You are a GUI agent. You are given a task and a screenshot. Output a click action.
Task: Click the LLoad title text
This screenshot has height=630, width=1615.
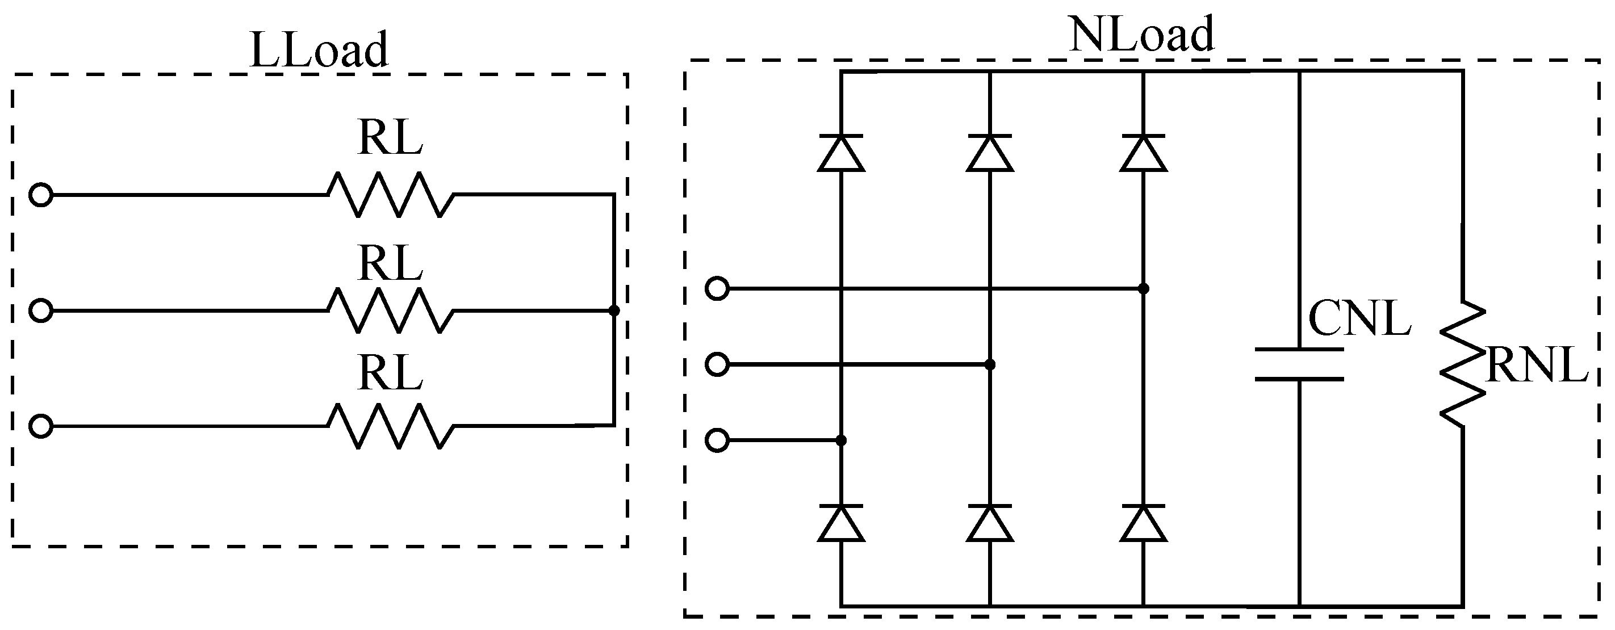[319, 50]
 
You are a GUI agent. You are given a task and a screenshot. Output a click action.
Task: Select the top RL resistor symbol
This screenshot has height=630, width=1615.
[390, 195]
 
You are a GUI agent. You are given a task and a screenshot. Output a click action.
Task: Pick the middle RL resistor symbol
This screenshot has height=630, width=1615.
[390, 310]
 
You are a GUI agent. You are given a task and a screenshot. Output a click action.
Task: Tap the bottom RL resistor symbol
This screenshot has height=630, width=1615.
[390, 426]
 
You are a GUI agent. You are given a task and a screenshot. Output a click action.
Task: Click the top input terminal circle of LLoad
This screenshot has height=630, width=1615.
[41, 195]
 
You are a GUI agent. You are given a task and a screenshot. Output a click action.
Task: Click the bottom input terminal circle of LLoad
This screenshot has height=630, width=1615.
[41, 426]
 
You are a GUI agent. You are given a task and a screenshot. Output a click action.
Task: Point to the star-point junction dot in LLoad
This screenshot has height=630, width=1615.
[614, 311]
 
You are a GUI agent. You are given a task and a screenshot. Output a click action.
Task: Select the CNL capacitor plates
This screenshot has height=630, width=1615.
[1300, 364]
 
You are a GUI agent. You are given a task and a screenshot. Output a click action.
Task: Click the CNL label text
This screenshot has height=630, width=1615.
[1359, 319]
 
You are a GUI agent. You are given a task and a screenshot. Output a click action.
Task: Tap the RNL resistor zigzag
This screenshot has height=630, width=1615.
[1463, 364]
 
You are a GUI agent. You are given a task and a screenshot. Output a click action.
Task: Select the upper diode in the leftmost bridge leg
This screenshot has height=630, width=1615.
[842, 152]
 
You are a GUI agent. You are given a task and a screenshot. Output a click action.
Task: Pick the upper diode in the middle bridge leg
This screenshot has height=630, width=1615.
[990, 152]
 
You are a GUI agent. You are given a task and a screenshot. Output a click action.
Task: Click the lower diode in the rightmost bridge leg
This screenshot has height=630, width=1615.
[1144, 522]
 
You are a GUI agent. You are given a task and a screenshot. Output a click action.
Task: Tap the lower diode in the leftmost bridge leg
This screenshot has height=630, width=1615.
[842, 522]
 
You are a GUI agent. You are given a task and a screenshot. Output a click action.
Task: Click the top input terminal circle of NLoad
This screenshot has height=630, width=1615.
[717, 288]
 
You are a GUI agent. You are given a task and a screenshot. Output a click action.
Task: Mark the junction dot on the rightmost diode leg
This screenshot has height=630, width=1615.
[1144, 288]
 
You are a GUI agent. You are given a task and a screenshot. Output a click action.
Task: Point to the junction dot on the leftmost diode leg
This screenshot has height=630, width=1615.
[842, 440]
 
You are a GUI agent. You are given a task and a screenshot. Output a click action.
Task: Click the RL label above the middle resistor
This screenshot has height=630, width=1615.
[390, 263]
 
